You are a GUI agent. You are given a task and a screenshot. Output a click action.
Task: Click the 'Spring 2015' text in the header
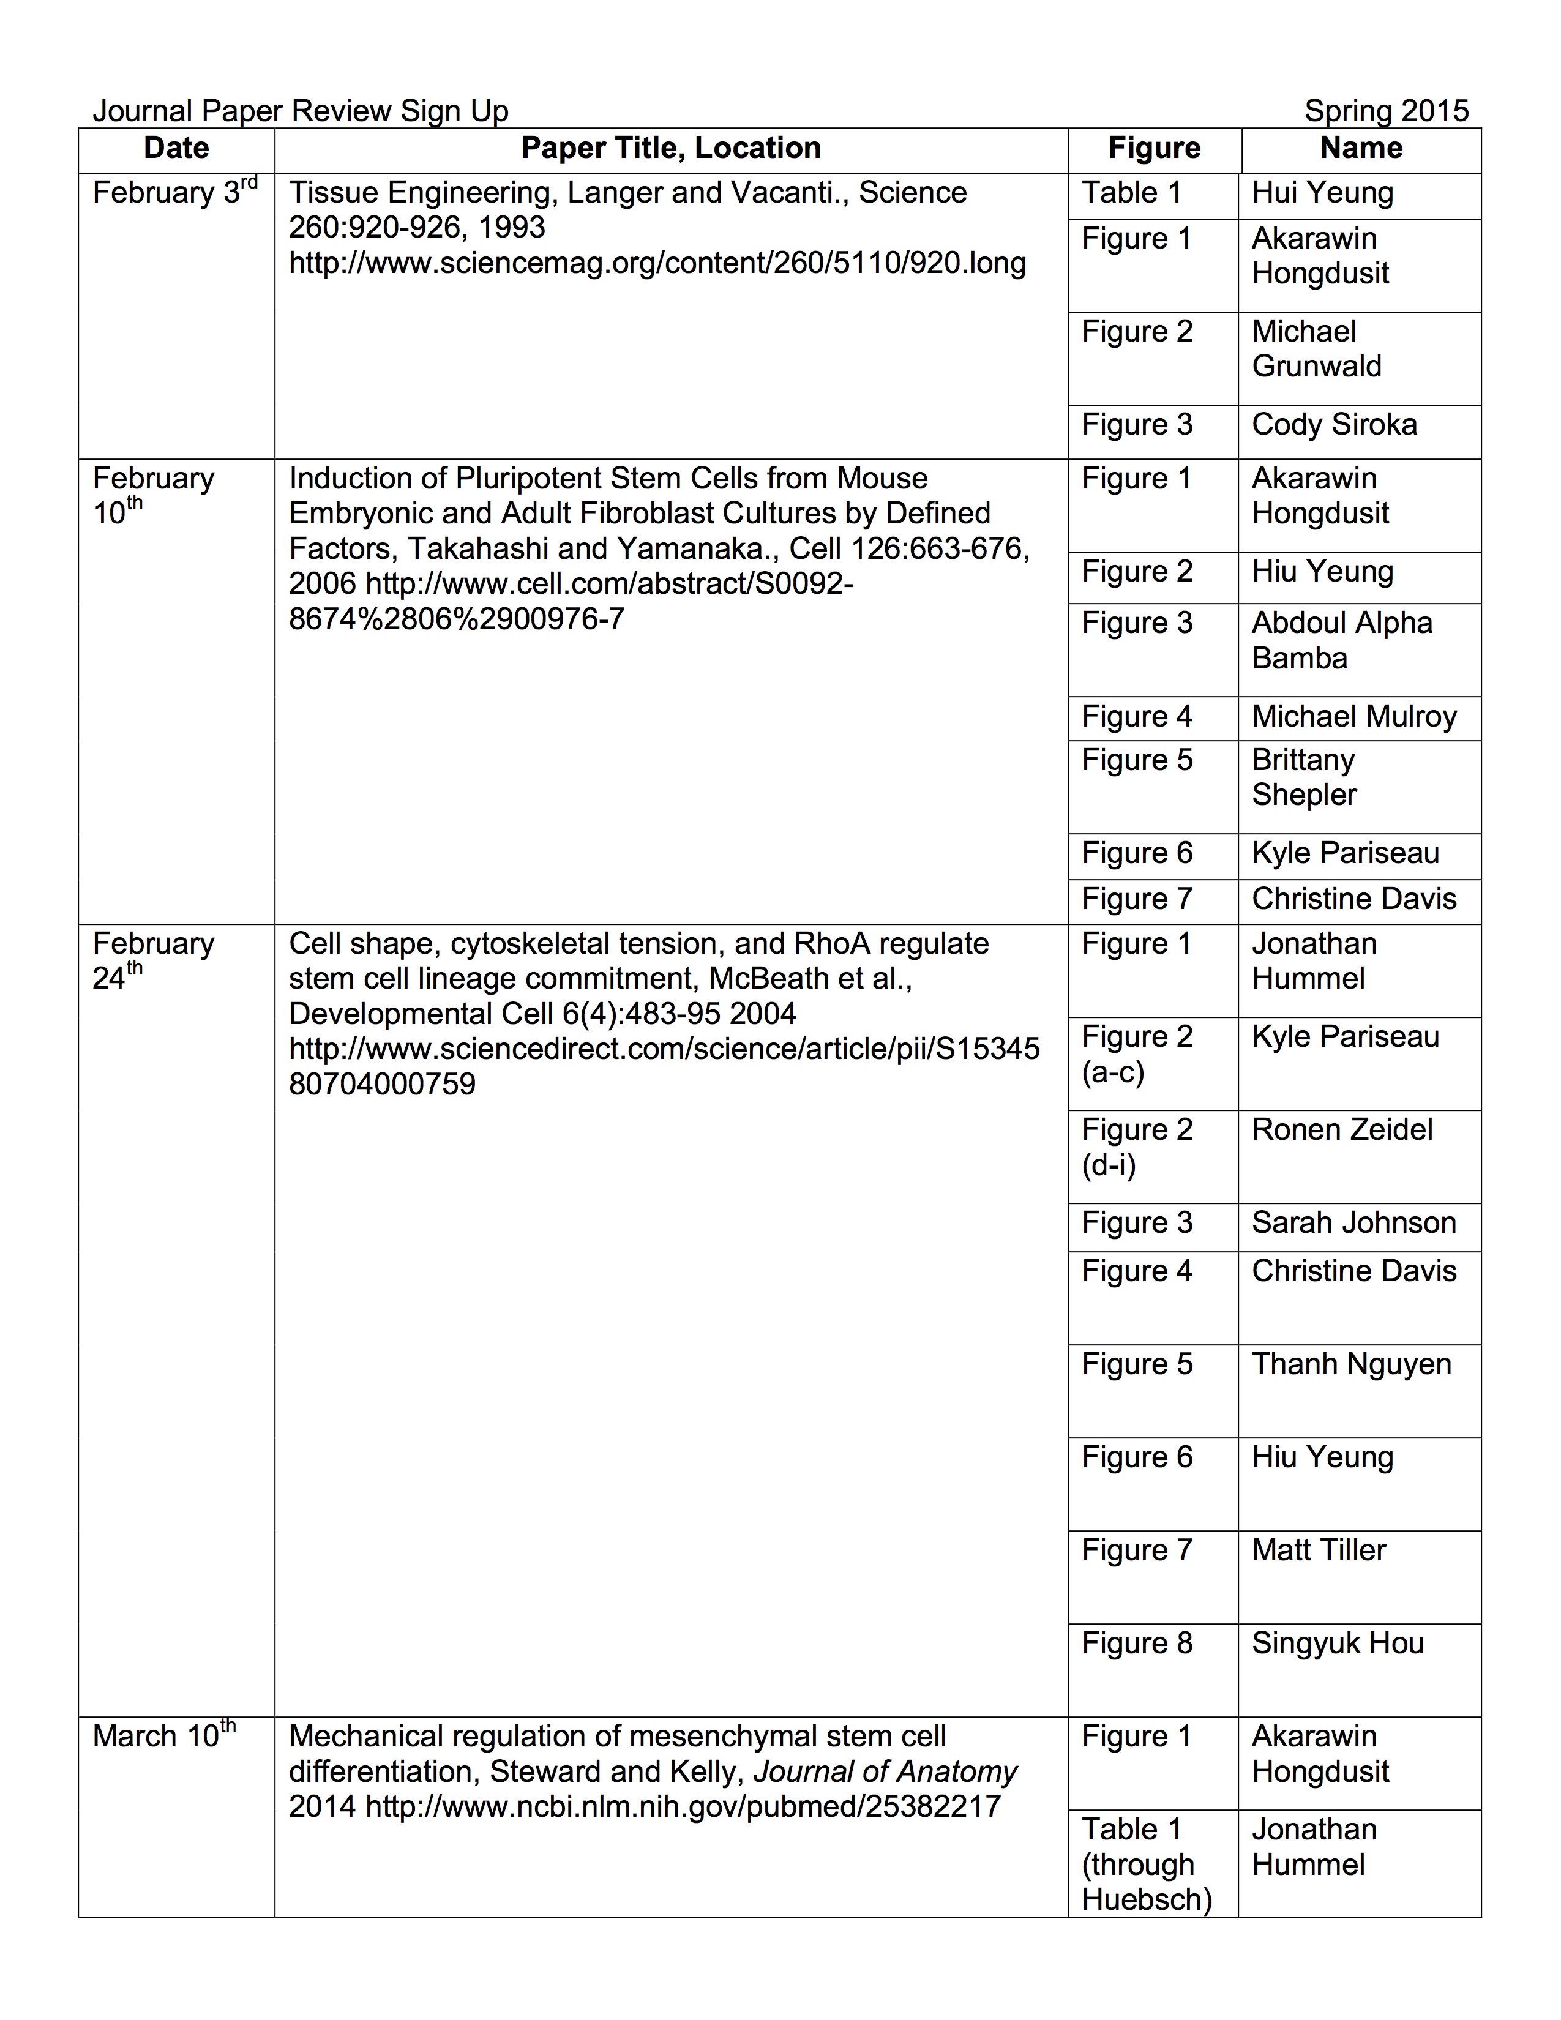coord(1385,111)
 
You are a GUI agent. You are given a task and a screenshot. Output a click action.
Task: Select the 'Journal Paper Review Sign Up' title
coord(301,111)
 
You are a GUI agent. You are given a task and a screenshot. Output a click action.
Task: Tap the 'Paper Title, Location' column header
coord(670,148)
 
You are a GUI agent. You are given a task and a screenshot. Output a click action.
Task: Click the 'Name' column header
coord(1360,148)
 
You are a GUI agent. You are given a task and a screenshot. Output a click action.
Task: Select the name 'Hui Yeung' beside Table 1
coord(1322,192)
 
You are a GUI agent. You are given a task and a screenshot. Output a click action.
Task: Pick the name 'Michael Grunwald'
coord(1316,349)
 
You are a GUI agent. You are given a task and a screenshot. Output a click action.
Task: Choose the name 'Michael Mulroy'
coord(1354,716)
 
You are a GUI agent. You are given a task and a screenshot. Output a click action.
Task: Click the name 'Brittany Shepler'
coord(1304,777)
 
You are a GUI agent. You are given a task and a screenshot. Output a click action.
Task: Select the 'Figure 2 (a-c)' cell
coord(1137,1053)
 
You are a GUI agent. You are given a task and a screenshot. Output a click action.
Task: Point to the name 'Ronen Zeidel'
coord(1342,1129)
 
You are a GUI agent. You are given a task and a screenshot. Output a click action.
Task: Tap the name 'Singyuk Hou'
coord(1337,1643)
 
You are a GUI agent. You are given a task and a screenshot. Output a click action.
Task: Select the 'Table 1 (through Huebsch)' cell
coord(1146,1864)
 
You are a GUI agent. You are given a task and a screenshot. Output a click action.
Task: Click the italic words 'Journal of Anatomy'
coord(885,1771)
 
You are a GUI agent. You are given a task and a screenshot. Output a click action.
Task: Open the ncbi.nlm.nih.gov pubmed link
coord(683,1806)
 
